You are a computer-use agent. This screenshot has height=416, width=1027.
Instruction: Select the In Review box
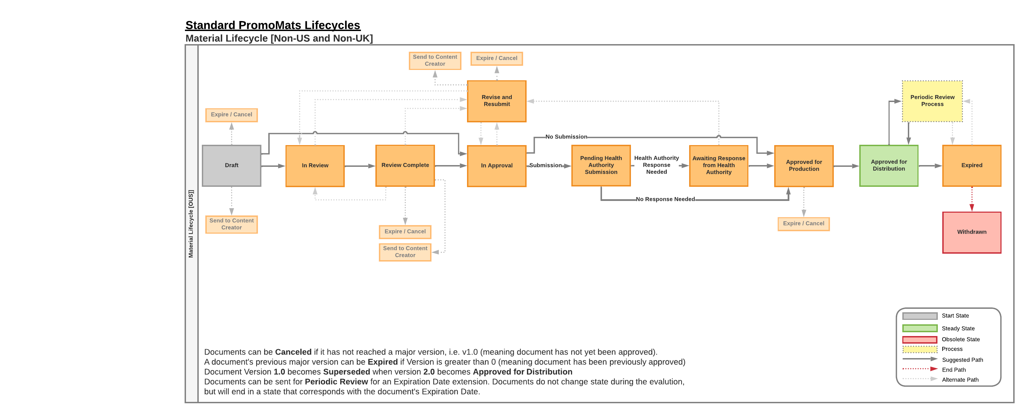[315, 165]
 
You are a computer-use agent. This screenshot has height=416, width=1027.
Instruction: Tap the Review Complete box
[405, 165]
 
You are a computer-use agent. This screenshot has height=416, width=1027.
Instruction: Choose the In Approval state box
[496, 165]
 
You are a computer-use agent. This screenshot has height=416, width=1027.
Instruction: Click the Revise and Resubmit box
[496, 101]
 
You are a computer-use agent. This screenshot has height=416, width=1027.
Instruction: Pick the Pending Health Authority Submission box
[601, 165]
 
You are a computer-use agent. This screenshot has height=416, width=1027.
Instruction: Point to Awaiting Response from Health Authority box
[718, 165]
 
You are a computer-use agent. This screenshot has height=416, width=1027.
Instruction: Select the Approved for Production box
[804, 165]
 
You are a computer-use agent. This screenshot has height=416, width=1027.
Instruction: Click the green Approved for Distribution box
[889, 165]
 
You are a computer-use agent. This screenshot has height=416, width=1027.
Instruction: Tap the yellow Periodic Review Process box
[932, 101]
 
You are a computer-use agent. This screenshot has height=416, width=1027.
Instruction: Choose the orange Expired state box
[972, 165]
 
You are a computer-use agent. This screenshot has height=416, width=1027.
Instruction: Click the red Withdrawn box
[972, 232]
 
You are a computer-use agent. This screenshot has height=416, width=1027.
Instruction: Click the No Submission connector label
[566, 137]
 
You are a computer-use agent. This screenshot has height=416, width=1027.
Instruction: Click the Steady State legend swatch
[920, 328]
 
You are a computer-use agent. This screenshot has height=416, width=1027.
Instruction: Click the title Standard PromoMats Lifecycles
[273, 25]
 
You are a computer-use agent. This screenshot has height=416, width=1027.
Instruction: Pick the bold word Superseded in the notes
[346, 372]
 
